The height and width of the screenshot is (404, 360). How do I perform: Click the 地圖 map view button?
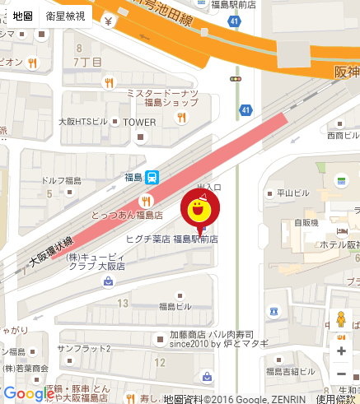(x=22, y=16)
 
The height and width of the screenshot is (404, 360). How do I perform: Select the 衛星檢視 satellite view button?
(x=65, y=16)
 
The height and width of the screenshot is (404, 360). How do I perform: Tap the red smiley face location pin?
(x=199, y=210)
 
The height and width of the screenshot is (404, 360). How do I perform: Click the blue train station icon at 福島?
(x=152, y=177)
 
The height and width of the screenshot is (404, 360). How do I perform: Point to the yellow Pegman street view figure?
(x=341, y=321)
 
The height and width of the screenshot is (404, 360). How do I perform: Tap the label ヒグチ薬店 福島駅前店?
(x=171, y=239)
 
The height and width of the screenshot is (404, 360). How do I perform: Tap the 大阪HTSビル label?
(x=83, y=122)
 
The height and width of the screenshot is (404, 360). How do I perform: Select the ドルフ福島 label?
(x=62, y=180)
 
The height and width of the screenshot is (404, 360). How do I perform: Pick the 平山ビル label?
(x=292, y=194)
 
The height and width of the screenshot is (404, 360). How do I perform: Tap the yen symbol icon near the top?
(x=108, y=23)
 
